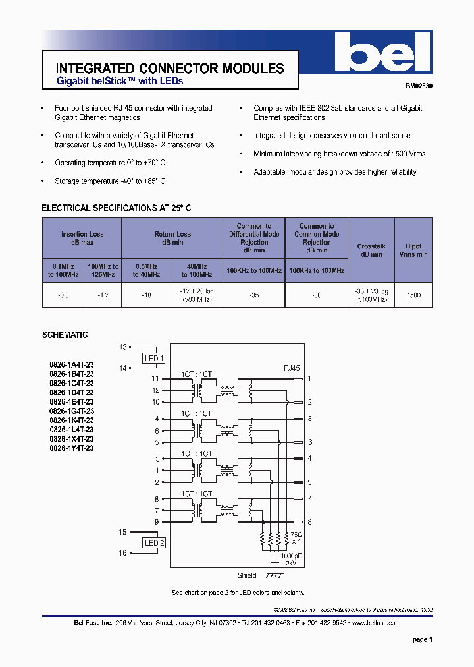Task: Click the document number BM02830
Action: pyautogui.click(x=419, y=86)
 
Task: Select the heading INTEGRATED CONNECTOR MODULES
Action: pyautogui.click(x=170, y=69)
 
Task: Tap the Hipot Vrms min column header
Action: pyautogui.click(x=413, y=250)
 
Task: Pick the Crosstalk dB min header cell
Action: pyautogui.click(x=371, y=250)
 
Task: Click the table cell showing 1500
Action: pyautogui.click(x=413, y=296)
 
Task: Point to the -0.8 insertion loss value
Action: pyautogui.click(x=63, y=296)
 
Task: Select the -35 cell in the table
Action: pyautogui.click(x=253, y=296)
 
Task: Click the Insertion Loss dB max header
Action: pyautogui.click(x=82, y=238)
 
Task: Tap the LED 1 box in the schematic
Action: pyautogui.click(x=153, y=358)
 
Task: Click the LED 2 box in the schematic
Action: pyautogui.click(x=154, y=542)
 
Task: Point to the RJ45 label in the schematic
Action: pyautogui.click(x=291, y=368)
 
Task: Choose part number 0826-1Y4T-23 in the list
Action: pyautogui.click(x=71, y=448)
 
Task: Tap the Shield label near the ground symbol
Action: pyautogui.click(x=247, y=575)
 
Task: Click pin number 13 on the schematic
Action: pyautogui.click(x=122, y=347)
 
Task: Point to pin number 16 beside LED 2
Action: pyautogui.click(x=122, y=553)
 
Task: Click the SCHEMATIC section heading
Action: pyautogui.click(x=65, y=335)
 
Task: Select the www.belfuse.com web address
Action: pyautogui.click(x=376, y=623)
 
